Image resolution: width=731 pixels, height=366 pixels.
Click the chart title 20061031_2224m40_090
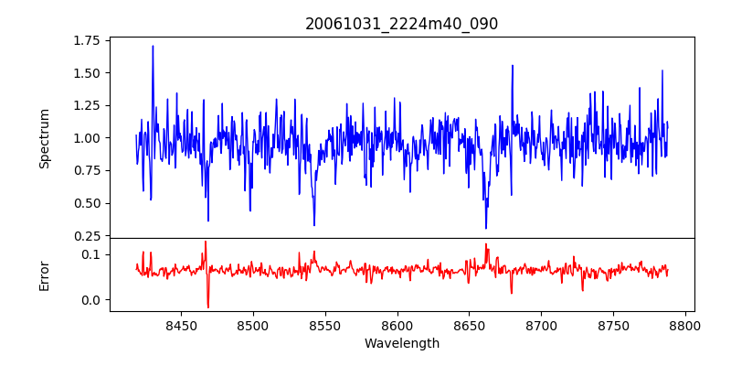402,24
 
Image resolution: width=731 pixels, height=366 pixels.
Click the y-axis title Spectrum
44,138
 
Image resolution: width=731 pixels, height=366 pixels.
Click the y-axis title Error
44,274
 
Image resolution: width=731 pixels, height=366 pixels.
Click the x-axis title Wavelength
402,344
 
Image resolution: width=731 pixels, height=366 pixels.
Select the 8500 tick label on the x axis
253,325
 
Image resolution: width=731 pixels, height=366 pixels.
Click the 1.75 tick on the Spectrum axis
87,40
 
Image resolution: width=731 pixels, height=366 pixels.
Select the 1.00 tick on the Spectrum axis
87,138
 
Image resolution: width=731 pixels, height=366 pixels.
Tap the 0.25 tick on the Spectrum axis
87,236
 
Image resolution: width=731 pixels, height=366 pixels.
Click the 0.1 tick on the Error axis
92,253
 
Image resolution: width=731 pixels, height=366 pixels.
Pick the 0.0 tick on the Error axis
92,300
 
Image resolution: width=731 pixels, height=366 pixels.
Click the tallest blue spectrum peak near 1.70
153,46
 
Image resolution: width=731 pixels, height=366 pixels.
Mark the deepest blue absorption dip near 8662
486,228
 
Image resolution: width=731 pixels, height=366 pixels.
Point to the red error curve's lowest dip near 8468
207,307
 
